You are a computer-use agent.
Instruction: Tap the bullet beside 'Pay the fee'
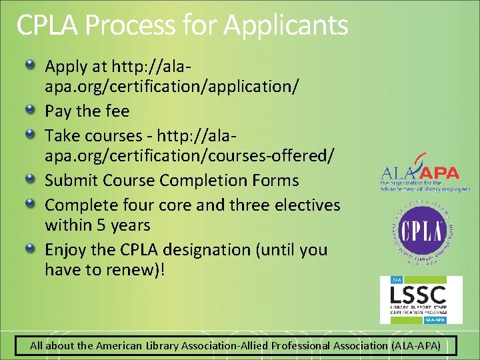point(31,109)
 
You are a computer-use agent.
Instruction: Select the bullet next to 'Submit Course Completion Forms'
point(31,179)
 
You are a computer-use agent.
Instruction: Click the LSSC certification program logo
point(421,299)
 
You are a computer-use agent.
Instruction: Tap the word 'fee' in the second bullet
point(117,111)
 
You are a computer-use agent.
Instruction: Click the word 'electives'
point(307,205)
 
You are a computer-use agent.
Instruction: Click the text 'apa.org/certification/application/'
point(171,87)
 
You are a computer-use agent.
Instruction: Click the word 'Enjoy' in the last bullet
point(65,250)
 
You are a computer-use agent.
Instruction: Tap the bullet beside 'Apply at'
point(31,65)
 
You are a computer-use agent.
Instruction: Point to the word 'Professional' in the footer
point(305,345)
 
